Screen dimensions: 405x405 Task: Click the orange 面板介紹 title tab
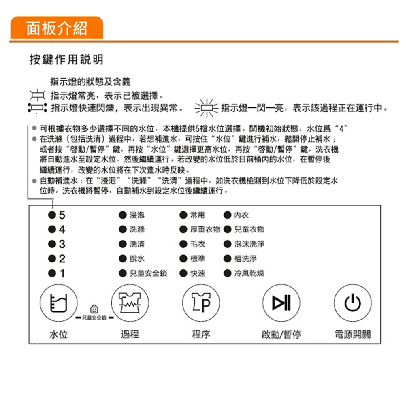click(57, 28)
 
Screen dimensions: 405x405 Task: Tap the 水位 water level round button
click(59, 303)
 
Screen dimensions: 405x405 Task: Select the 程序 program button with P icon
click(201, 303)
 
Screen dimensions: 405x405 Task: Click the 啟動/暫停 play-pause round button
click(281, 303)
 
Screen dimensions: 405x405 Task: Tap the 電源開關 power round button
click(353, 303)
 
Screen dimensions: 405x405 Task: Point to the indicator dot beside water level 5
click(52, 215)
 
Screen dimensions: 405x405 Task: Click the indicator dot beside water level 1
click(52, 273)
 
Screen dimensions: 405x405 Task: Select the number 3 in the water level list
click(62, 244)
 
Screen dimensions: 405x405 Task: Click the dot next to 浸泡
click(123, 215)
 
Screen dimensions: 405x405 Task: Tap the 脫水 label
click(137, 258)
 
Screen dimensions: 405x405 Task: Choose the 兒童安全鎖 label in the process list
click(148, 273)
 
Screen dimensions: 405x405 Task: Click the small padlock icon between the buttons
click(94, 309)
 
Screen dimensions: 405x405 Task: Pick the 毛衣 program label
click(198, 244)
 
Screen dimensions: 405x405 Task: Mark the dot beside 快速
click(183, 273)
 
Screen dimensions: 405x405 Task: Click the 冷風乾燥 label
click(249, 273)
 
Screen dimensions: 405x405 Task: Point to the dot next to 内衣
click(228, 215)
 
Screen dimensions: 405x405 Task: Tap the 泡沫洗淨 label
click(249, 244)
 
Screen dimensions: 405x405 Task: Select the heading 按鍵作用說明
click(67, 60)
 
